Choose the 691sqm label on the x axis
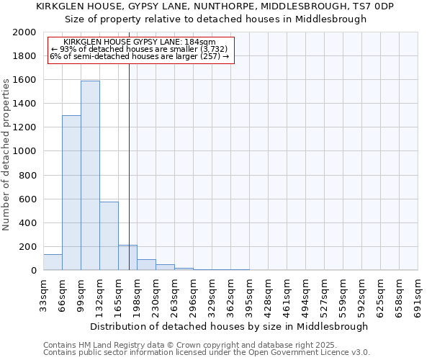click(x=418, y=292)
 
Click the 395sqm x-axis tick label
click(x=250, y=292)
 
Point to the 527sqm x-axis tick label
click(x=325, y=292)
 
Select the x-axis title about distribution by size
click(x=230, y=326)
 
